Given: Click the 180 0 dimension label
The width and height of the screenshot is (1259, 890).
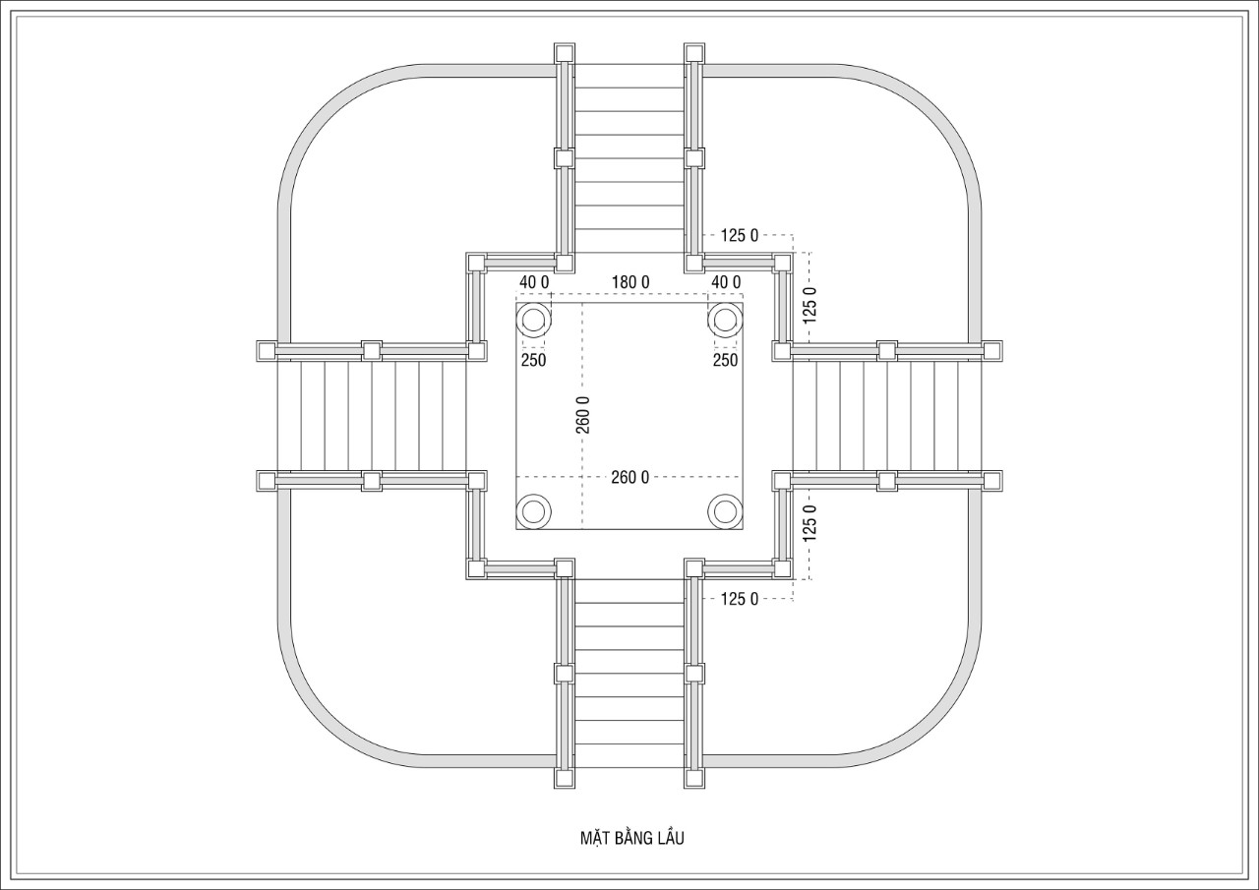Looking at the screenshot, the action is coord(630,282).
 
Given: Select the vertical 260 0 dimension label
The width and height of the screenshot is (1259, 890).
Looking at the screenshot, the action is coord(583,415).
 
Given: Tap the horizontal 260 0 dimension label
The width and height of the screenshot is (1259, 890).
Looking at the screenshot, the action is coord(629,477).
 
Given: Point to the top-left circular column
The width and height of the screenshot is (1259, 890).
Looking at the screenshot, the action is coord(533,321).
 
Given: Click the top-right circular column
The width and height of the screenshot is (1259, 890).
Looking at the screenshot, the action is coord(725,321).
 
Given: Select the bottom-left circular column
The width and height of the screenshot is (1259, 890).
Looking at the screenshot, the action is coord(533,511).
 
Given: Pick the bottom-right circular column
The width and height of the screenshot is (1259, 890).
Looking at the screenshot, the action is coord(725,511).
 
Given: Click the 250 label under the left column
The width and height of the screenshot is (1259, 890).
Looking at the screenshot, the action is coord(533,360).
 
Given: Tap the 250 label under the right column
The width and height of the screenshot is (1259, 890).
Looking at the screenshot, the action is coord(725,360).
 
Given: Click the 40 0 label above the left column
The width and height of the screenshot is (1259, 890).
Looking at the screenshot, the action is coord(534,282).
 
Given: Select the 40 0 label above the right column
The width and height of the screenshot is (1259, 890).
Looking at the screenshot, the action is coord(726,282).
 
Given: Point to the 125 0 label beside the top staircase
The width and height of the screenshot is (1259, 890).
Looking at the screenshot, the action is coord(739,235).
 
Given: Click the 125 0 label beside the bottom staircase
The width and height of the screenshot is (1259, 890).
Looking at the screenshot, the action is coord(739,599).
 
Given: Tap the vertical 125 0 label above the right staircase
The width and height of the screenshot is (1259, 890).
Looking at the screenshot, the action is coord(809,305).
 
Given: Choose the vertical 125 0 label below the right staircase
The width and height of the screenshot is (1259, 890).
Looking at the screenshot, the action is coord(809,522).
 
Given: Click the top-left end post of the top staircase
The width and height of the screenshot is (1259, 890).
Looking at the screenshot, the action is coord(565,53).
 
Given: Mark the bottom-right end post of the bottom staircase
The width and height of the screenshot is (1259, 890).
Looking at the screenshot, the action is coord(694,778).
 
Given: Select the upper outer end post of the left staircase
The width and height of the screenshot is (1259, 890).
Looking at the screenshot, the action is coord(267,351).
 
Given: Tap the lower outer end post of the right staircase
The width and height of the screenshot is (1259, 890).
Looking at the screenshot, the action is coord(992,481).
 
